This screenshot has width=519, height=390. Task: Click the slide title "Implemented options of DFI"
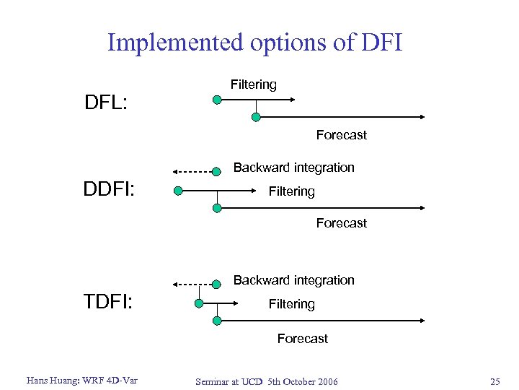click(254, 43)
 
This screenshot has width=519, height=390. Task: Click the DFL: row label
click(106, 103)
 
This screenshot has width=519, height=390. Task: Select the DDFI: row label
click(112, 191)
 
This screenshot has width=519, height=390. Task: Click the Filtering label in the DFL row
click(254, 84)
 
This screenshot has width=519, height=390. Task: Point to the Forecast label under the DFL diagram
click(341, 135)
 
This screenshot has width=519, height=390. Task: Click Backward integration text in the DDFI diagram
click(294, 168)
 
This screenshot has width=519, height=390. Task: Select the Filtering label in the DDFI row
click(291, 191)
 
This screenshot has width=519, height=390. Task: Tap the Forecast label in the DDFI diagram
click(341, 223)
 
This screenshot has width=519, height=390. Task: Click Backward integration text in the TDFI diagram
click(294, 280)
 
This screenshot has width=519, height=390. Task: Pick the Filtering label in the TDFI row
click(291, 304)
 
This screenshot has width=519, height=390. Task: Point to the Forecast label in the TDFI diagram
click(303, 339)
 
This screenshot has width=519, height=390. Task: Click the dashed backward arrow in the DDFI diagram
click(192, 172)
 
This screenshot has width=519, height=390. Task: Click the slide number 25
click(494, 381)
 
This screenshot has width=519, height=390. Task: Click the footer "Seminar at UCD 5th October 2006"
click(266, 381)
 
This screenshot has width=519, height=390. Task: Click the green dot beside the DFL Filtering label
click(216, 100)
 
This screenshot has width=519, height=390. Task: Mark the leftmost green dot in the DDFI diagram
click(178, 191)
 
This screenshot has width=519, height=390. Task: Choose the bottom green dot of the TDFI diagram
click(216, 321)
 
